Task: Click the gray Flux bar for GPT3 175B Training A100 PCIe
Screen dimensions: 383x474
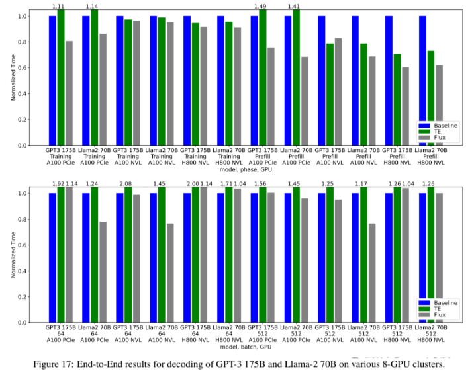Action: pyautogui.click(x=69, y=93)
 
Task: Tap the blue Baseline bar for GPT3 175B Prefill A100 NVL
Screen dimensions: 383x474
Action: pyautogui.click(x=322, y=80)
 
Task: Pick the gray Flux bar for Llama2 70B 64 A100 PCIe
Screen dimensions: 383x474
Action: pyautogui.click(x=103, y=272)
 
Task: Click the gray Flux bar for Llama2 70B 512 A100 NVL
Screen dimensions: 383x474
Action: pyautogui.click(x=372, y=273)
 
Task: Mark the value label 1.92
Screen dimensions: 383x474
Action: pyautogui.click(x=60, y=183)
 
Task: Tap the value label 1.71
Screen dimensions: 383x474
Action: pyautogui.click(x=227, y=183)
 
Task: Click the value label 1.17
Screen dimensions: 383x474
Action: pyautogui.click(x=363, y=183)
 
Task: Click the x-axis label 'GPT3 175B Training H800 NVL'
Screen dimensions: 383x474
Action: pyautogui.click(x=196, y=158)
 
